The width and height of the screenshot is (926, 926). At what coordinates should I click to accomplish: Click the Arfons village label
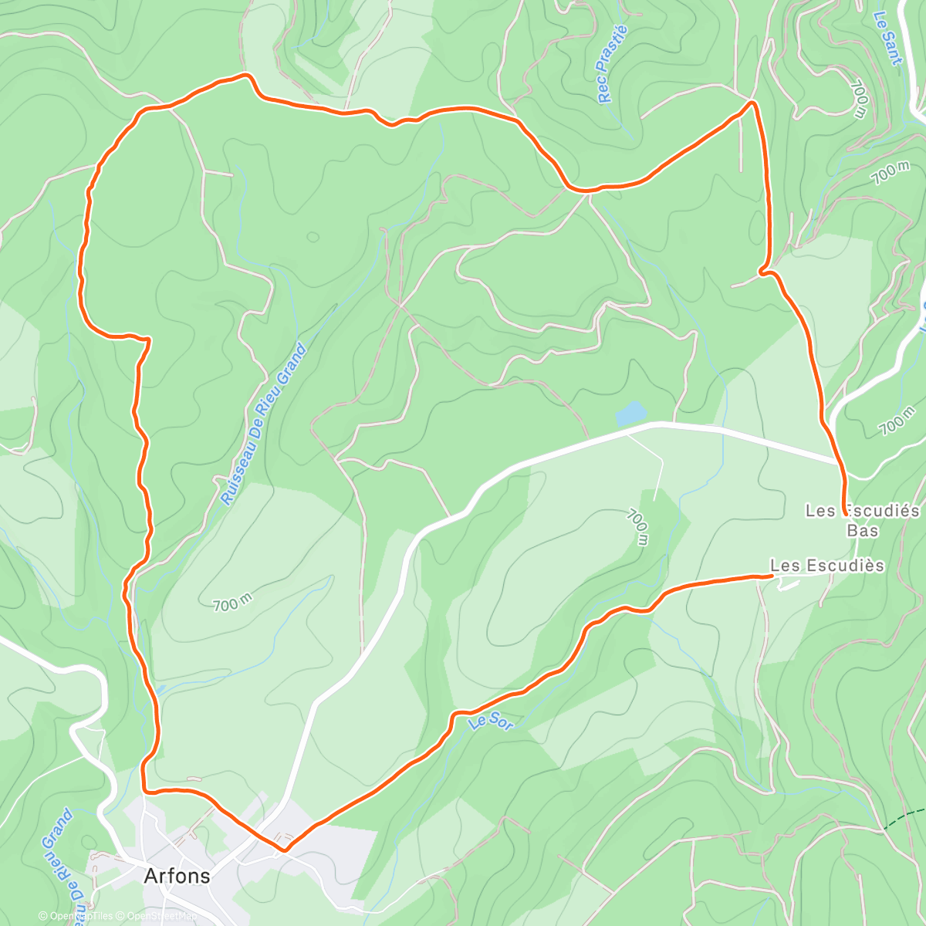(177, 876)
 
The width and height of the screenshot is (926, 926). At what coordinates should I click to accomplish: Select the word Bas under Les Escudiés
(863, 530)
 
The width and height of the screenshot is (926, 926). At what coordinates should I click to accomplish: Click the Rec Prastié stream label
(613, 64)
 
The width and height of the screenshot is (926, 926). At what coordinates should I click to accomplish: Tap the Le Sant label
(887, 38)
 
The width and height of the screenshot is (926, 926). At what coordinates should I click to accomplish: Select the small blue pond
(630, 414)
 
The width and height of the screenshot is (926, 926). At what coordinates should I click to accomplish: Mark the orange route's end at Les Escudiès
(772, 575)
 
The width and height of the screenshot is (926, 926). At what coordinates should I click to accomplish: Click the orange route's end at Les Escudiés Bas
(843, 512)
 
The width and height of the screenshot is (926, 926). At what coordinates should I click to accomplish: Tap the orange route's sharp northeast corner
(753, 103)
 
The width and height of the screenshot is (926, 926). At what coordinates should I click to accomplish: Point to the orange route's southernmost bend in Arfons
(284, 850)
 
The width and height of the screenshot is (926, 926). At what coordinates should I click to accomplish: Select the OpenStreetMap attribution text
(161, 916)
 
